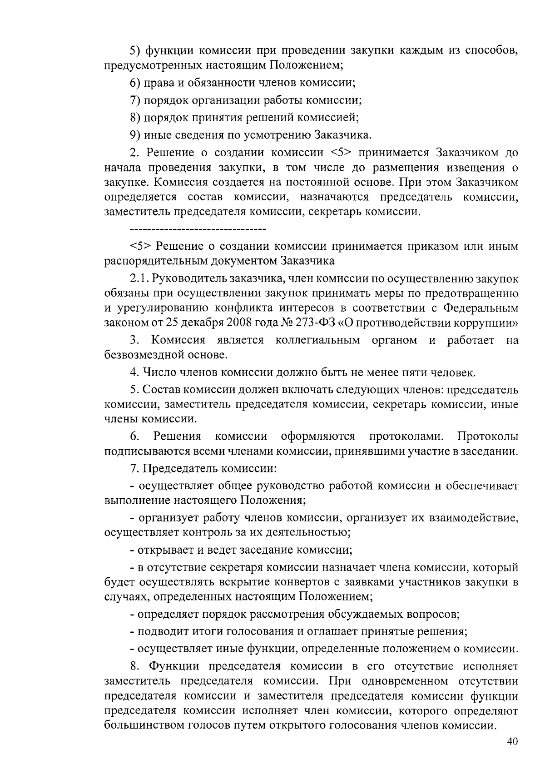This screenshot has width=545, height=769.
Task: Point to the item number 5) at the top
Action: point(134,50)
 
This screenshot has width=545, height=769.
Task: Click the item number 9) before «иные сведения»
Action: point(134,135)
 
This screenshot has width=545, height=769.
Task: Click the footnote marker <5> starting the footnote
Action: point(141,246)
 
